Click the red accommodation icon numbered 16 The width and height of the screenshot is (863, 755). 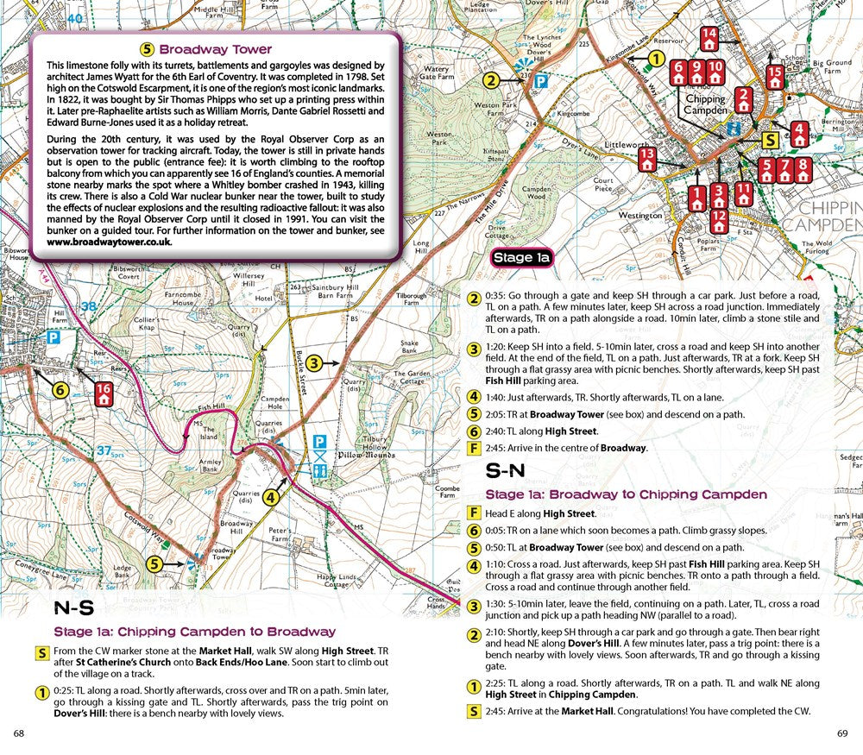click(x=104, y=393)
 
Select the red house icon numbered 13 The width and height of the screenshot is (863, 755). click(x=647, y=158)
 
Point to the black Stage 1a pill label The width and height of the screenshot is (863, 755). click(x=520, y=258)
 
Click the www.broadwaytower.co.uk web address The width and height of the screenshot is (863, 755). click(x=110, y=242)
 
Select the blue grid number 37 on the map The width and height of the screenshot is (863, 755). click(x=104, y=450)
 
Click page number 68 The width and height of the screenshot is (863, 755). click(x=19, y=733)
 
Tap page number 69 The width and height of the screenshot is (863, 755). click(x=842, y=733)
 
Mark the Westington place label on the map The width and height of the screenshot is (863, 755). click(x=640, y=216)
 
